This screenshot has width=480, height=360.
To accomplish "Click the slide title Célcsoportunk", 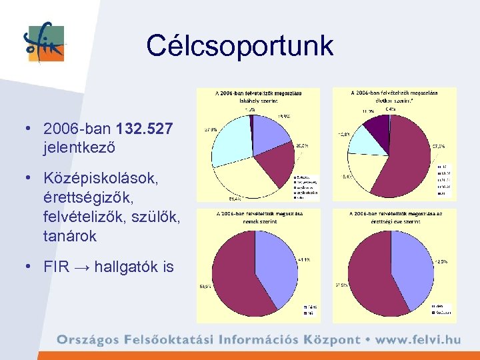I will [x=239, y=45].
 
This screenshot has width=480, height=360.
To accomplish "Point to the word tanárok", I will [x=68, y=235].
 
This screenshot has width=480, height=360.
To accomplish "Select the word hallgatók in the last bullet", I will [x=125, y=267].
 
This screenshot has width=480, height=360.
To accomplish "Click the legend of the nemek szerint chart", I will [x=310, y=310].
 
